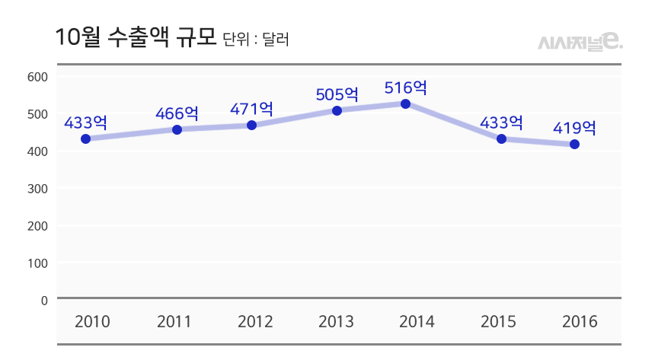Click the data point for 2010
[x=86, y=139]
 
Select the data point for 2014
[x=406, y=104]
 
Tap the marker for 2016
[x=574, y=144]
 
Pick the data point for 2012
[x=252, y=125]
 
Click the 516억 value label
[x=406, y=88]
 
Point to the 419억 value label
[x=574, y=128]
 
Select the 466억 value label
[x=177, y=114]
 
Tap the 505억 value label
[x=337, y=94]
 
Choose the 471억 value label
[x=252, y=109]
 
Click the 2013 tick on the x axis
[x=336, y=322]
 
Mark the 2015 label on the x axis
[x=499, y=322]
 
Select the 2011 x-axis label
[x=174, y=322]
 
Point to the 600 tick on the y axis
[x=37, y=76]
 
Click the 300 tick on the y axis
[x=37, y=188]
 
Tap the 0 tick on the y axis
[x=44, y=300]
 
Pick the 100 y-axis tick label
[x=37, y=263]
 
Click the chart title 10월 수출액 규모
[x=136, y=38]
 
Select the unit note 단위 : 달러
[x=256, y=40]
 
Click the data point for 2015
[x=501, y=139]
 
